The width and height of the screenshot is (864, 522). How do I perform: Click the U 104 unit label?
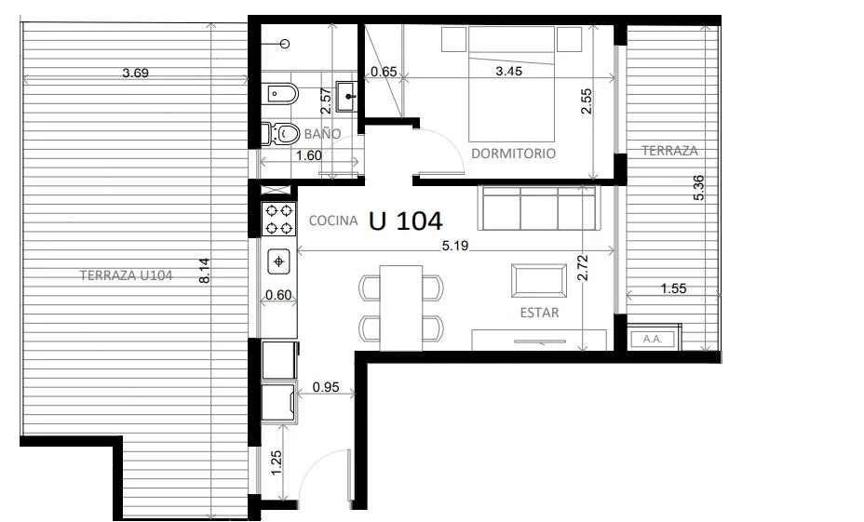(x=405, y=221)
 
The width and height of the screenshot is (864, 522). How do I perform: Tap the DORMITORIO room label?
(x=514, y=154)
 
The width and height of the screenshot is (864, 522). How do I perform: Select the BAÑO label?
(x=322, y=133)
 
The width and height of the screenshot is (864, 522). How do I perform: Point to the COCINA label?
(x=333, y=221)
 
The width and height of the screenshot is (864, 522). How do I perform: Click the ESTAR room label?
(x=539, y=313)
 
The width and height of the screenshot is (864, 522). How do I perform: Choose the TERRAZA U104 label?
(x=127, y=274)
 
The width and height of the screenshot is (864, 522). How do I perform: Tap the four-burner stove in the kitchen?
(x=278, y=219)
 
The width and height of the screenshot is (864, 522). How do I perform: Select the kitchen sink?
(x=278, y=261)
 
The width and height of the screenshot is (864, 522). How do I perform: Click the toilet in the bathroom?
(x=281, y=133)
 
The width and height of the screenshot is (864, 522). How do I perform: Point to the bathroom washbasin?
(x=348, y=97)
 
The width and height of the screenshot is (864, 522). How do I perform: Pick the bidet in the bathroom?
(x=283, y=94)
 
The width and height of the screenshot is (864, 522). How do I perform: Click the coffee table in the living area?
(x=539, y=280)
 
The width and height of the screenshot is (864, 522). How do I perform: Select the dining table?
(x=401, y=307)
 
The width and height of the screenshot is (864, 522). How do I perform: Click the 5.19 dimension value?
(x=455, y=246)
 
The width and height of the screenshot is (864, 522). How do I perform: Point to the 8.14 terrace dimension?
(x=205, y=271)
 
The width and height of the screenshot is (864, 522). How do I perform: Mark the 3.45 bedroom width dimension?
(x=508, y=71)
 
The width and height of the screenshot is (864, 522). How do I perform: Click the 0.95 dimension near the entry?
(x=326, y=387)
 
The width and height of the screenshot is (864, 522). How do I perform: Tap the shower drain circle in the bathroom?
(x=286, y=43)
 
